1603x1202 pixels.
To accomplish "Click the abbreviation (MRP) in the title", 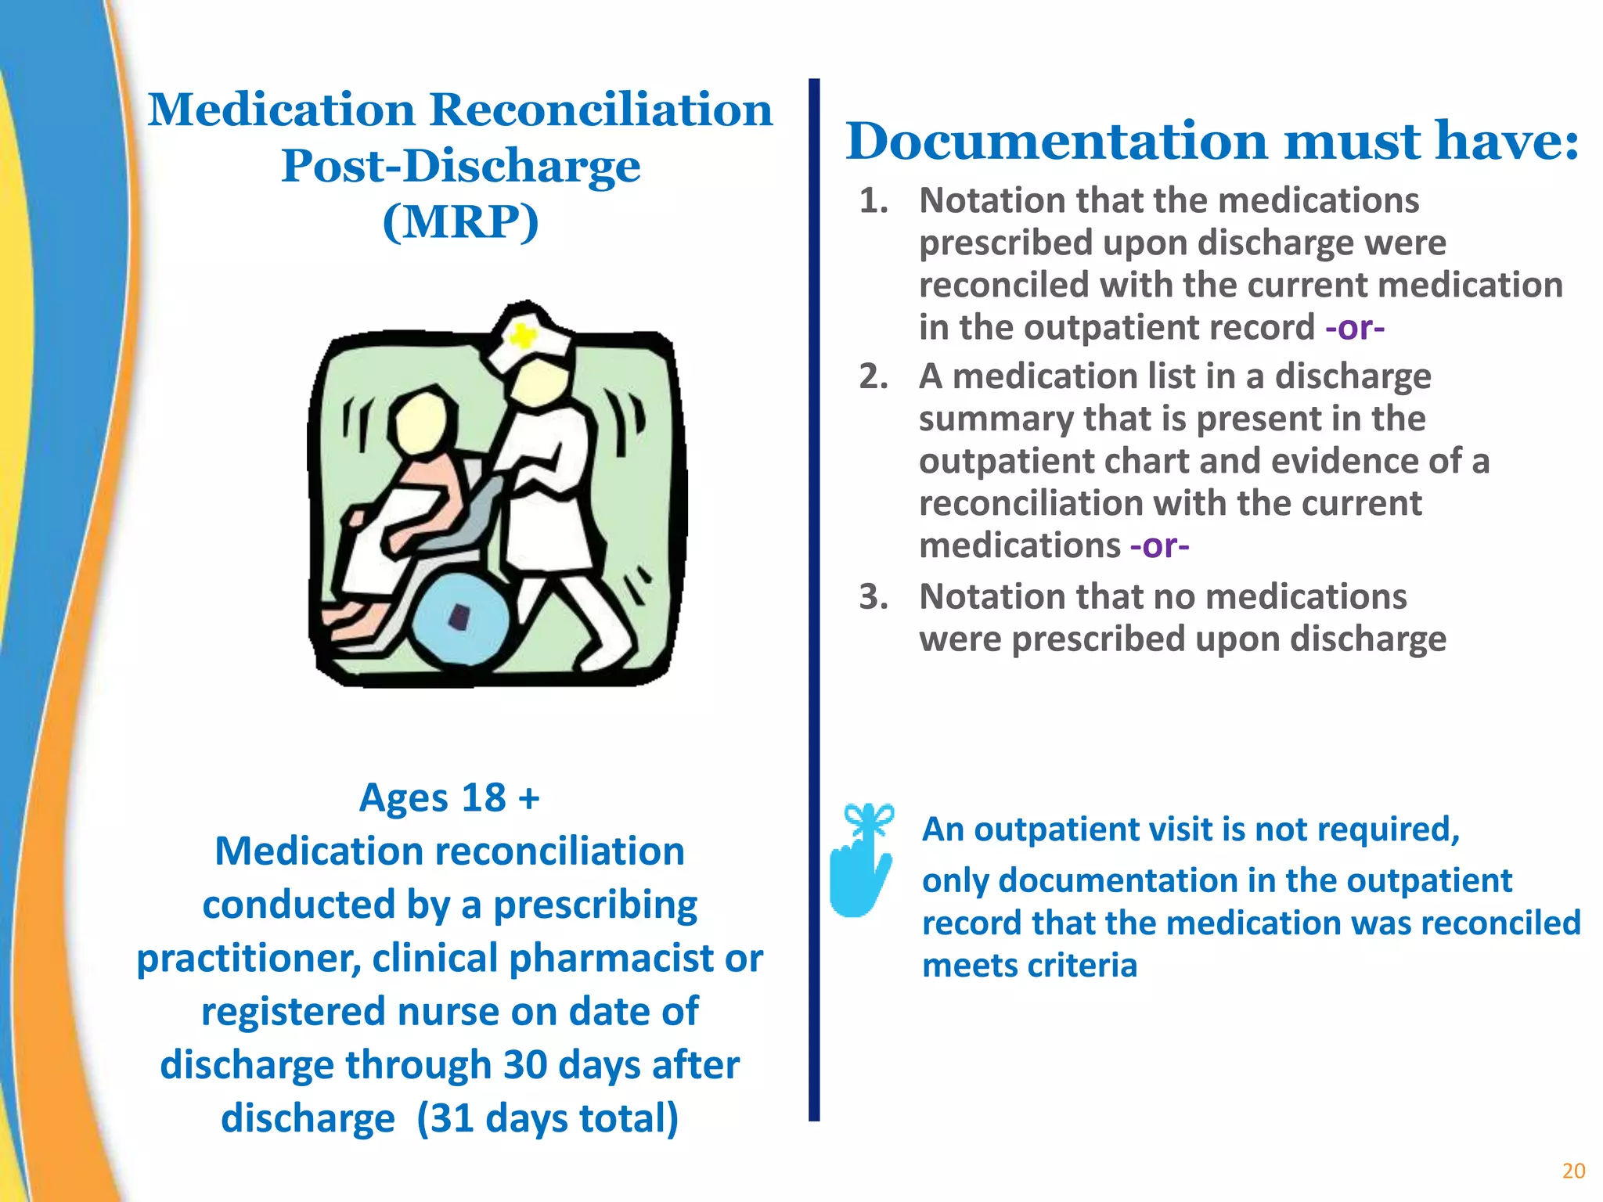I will (460, 221).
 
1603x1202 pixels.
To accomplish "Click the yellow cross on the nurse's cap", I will (521, 336).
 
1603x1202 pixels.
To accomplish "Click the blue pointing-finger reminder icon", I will (861, 861).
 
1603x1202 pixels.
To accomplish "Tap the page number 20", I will (1573, 1171).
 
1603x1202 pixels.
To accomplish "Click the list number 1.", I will (873, 201).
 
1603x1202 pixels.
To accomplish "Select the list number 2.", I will (873, 377).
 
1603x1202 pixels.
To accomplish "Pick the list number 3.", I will (873, 597).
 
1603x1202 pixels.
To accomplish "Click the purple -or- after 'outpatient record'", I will (1355, 327).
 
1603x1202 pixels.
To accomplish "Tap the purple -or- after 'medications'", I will (1159, 545).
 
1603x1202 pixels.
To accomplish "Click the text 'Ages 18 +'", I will (449, 798).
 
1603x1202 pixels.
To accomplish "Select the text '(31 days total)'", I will (547, 1118).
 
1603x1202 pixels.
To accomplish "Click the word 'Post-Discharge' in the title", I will (460, 166).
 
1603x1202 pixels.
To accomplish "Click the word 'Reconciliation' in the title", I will (601, 110).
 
